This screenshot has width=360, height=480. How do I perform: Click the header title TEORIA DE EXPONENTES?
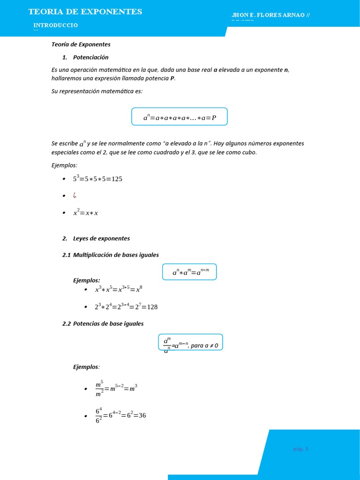pos(85,12)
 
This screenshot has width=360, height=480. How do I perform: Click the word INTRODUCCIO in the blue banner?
pos(56,25)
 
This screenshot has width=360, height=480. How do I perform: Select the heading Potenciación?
pos(90,57)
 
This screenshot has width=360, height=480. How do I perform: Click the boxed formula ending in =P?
pos(180,117)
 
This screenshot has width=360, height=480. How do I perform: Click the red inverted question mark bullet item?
pos(75,195)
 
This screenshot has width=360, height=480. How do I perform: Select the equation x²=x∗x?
pos(86,212)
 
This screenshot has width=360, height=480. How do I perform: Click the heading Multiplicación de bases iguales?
pos(116,255)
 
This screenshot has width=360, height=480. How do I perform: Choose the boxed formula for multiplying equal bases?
pos(189,272)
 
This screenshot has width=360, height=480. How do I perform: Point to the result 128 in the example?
pos(152,307)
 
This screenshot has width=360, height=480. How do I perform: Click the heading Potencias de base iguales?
pos(108,323)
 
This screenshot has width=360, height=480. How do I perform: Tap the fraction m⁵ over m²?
pos(99,389)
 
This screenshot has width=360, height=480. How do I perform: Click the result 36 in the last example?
pos(141,415)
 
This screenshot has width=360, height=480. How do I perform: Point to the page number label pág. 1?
pos(301,449)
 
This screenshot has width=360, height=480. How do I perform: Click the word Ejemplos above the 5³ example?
pos(64,165)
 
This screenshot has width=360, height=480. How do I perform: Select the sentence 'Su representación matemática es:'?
pos(97,91)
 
